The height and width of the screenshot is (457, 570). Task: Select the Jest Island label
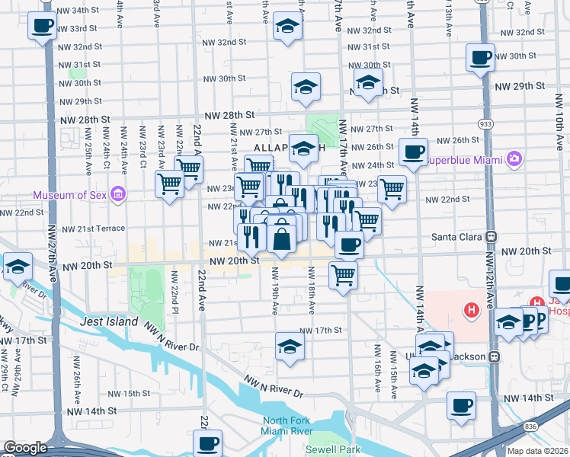tap(109, 322)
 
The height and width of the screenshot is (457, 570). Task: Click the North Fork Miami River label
tap(299, 427)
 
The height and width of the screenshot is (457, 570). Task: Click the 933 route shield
tap(485, 123)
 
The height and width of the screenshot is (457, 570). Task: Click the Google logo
tap(25, 448)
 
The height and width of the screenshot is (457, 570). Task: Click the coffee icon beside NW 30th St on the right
tap(481, 57)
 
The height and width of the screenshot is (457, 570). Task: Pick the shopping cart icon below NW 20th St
tap(344, 275)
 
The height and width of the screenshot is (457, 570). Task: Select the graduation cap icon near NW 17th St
tap(290, 347)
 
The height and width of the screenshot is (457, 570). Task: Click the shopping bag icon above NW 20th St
tap(281, 238)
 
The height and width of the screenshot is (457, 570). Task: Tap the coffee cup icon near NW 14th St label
tap(461, 405)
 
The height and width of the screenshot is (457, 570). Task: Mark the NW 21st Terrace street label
tap(94, 228)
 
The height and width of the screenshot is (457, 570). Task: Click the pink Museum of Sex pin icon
tap(117, 195)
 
